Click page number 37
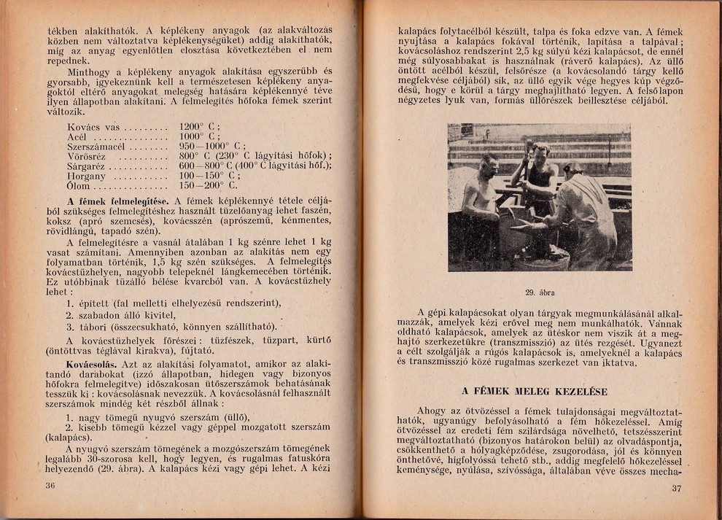click(676, 489)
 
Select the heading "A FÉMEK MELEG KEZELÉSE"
click(534, 391)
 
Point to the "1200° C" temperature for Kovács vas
click(200, 125)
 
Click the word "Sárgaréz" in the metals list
click(86, 166)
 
